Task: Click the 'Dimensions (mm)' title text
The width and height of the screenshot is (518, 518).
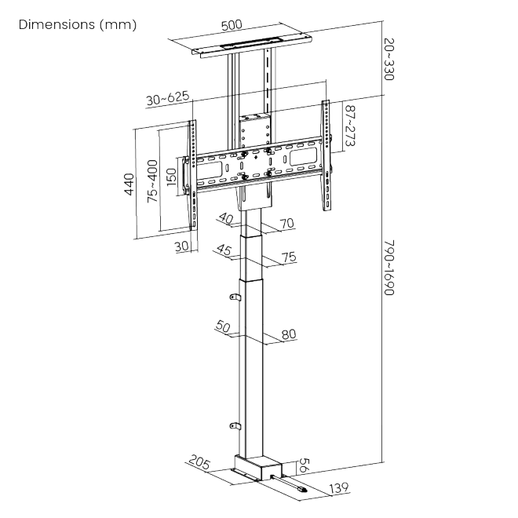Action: click(x=77, y=24)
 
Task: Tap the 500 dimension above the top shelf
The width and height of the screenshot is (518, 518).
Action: click(x=232, y=25)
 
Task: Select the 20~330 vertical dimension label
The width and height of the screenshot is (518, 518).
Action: click(x=388, y=59)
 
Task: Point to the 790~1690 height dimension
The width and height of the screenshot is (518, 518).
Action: click(x=388, y=268)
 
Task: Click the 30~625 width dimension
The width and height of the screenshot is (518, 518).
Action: click(x=168, y=98)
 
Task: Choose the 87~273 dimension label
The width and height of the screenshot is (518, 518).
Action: click(x=350, y=126)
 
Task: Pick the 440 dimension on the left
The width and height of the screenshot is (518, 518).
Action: click(x=129, y=184)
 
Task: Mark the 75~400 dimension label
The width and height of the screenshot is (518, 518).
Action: click(x=152, y=181)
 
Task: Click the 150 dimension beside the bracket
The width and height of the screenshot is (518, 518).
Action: click(x=171, y=177)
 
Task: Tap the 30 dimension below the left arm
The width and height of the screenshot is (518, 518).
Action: click(x=181, y=246)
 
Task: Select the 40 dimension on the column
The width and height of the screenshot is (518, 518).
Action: click(x=226, y=218)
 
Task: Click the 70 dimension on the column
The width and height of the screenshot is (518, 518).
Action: click(x=287, y=224)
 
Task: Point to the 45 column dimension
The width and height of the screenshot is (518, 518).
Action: click(x=224, y=250)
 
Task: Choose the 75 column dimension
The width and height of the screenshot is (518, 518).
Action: click(x=289, y=257)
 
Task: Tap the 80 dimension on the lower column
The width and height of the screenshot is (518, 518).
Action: click(x=289, y=334)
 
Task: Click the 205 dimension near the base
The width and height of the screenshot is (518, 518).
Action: click(x=199, y=461)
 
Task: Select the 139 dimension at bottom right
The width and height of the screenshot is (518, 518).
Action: click(x=339, y=487)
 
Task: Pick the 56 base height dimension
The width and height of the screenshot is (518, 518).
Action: click(x=304, y=465)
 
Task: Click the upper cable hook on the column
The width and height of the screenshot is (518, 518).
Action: click(x=235, y=297)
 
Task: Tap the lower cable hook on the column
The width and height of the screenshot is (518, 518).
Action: click(x=235, y=426)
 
